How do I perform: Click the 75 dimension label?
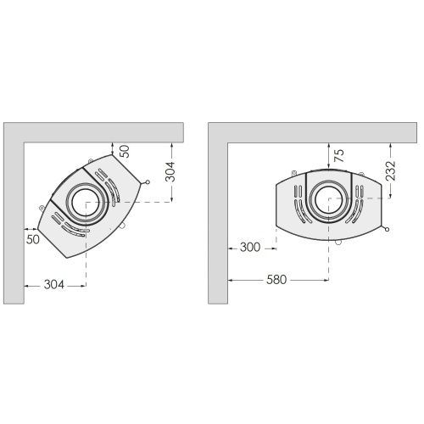(x=339, y=155)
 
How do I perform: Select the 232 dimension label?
(x=390, y=170)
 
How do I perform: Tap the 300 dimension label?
(x=250, y=248)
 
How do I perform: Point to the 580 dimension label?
(x=276, y=280)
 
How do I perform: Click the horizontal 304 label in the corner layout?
(x=54, y=284)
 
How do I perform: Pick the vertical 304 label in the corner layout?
(x=170, y=171)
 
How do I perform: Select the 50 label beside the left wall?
(x=33, y=239)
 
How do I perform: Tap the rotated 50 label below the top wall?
(x=125, y=151)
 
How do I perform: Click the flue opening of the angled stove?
(x=86, y=203)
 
